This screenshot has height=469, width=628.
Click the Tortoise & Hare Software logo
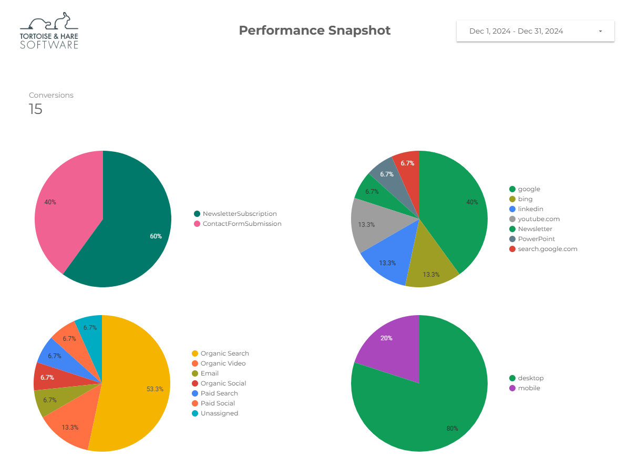point(49,31)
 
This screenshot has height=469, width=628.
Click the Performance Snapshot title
point(314,30)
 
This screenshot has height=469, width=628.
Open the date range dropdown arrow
point(600,32)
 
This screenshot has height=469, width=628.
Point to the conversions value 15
point(35,109)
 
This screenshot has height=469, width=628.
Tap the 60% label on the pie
point(156,236)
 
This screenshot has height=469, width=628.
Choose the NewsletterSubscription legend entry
point(239,214)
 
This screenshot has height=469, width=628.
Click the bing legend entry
point(524,199)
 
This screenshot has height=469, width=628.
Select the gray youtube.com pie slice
point(370,223)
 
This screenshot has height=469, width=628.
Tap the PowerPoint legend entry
point(536,239)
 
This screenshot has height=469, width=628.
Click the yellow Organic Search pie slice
point(137,383)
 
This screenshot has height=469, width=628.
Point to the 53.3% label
point(155,389)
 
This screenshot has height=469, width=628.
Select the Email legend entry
point(209,373)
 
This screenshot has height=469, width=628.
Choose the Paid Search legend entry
point(219,393)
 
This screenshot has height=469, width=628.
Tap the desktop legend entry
point(530,378)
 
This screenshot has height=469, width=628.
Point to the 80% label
point(452,429)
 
